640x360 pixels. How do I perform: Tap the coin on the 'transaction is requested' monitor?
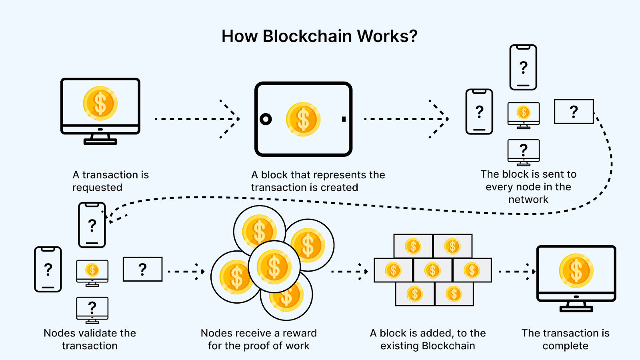[100, 103]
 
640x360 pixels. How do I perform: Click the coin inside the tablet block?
[303, 119]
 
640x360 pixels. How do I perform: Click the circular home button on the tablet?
[266, 119]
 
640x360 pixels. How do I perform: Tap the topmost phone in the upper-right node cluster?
[523, 67]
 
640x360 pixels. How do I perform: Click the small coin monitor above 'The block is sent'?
[523, 114]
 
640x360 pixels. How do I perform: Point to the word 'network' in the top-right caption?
[528, 199]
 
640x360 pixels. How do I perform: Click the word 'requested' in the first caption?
[97, 187]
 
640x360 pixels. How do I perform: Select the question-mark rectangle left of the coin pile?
[142, 269]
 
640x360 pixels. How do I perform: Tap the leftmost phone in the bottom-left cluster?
[48, 269]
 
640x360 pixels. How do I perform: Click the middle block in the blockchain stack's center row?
[432, 270]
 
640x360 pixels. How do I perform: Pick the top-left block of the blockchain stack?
[413, 246]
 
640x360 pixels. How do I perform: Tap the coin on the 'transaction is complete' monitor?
[576, 271]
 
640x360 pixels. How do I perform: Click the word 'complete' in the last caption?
[565, 346]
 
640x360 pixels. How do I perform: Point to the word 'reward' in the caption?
[300, 333]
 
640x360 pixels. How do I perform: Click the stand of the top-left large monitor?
[100, 139]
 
